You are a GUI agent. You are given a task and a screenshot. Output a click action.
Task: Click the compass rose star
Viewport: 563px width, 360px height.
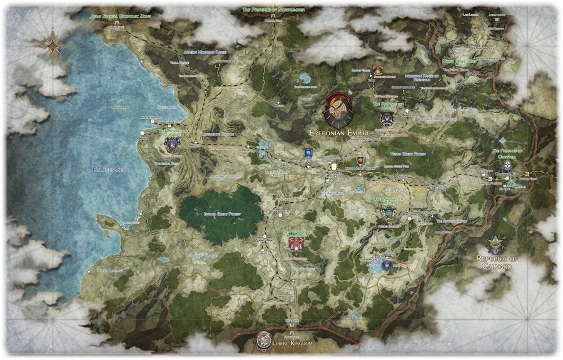coord(53,45)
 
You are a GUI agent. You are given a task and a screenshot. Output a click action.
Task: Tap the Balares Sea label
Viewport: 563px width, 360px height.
coord(110,169)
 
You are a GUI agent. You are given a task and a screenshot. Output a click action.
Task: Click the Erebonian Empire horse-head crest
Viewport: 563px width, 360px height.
coord(338,110)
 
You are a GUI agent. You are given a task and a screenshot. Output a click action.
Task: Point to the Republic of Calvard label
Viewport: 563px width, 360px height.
coord(498,262)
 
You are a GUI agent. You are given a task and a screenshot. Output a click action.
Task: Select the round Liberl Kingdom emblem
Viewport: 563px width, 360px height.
coord(264,341)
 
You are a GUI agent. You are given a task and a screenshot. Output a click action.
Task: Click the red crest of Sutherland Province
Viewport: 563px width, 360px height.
coord(295,245)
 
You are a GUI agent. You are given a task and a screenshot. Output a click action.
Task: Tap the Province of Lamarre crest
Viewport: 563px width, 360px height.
coord(171,143)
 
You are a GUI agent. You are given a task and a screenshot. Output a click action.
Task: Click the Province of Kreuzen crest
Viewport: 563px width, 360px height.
coord(388,213)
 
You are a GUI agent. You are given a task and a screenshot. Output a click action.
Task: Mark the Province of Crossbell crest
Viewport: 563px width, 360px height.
coord(507,165)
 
